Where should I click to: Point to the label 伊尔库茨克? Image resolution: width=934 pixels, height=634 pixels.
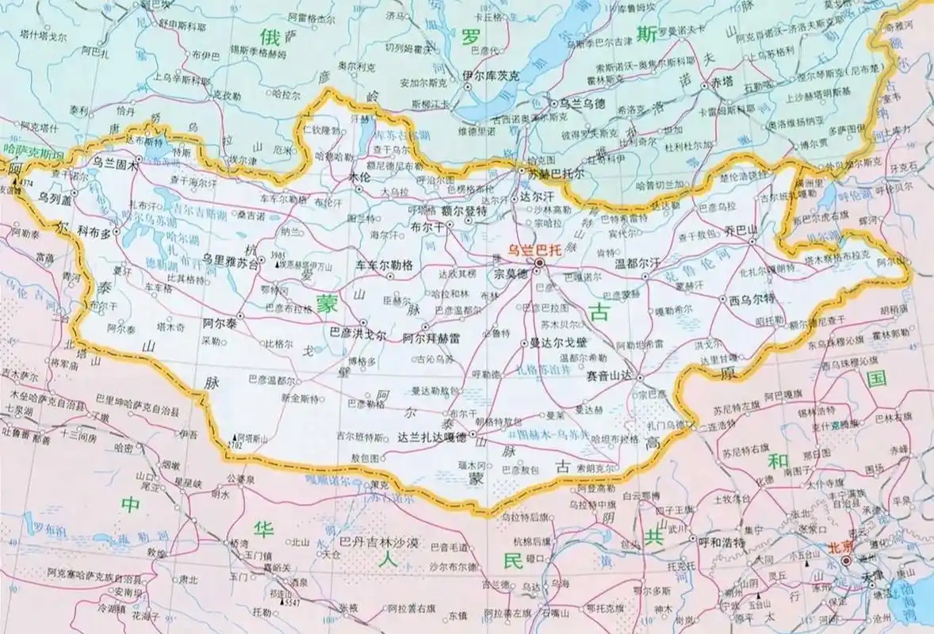click(492, 76)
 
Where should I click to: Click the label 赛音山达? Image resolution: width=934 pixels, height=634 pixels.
click(610, 376)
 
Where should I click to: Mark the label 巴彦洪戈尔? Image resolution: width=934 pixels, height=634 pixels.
click(358, 335)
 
